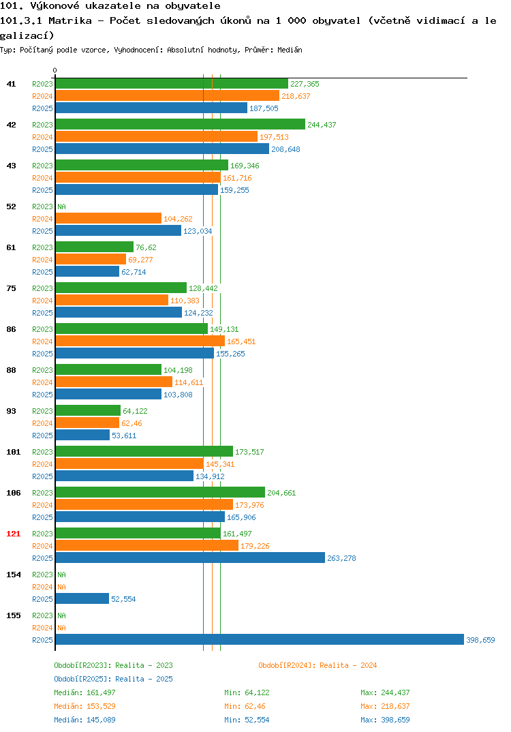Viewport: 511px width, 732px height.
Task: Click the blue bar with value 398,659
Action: [260, 639]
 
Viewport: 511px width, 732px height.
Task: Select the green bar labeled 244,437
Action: [180, 124]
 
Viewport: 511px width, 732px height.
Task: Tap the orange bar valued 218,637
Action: [167, 95]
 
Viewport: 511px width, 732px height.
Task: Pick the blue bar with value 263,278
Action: [190, 558]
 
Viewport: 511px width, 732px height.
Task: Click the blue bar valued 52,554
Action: [82, 598]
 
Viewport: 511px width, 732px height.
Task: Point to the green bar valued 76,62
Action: [94, 247]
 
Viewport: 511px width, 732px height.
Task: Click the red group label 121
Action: [14, 534]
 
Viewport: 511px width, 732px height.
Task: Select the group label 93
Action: [11, 411]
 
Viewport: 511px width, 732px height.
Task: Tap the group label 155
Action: [14, 615]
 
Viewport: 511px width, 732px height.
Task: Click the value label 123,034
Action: [198, 231]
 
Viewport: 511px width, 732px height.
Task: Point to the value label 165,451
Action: [241, 341]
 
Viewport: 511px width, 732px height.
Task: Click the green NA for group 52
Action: [61, 207]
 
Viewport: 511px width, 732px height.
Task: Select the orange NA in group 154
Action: [61, 587]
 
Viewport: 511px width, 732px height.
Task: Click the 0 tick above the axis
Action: [55, 70]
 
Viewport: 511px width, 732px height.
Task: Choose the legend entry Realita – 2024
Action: [318, 665]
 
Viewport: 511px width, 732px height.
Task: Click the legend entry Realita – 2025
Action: [113, 679]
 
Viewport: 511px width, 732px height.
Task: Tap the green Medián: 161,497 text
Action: [84, 692]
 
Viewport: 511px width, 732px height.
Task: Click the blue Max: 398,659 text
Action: [385, 720]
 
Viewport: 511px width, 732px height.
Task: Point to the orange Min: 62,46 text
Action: [245, 706]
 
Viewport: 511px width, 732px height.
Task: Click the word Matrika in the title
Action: [70, 20]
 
